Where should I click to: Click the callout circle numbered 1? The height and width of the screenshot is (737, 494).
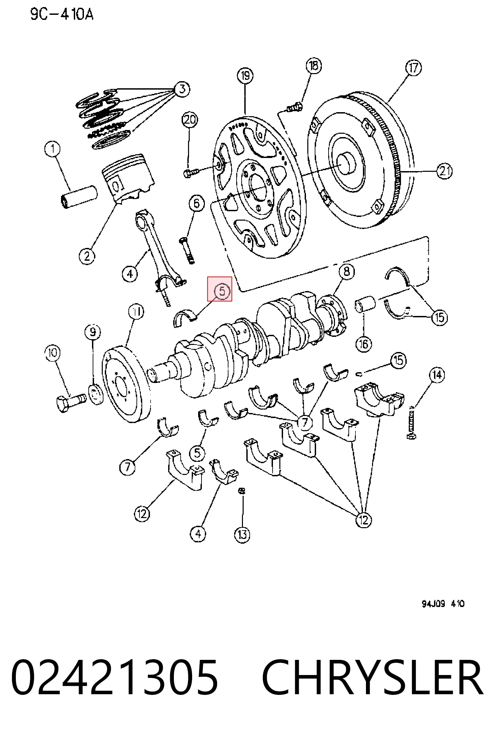coord(53,149)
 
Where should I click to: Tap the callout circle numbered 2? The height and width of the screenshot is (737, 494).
coord(87,256)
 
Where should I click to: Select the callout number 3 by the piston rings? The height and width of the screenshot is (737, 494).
coord(182,89)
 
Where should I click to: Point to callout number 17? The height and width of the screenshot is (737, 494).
coord(413,68)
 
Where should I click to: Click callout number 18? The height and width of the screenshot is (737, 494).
coord(313,65)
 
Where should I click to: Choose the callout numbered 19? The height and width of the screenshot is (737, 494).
coord(245,75)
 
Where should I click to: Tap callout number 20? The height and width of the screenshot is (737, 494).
coord(190,120)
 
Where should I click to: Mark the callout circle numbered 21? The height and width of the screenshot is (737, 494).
coord(444,171)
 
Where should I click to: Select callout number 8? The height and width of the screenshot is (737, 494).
coord(347,271)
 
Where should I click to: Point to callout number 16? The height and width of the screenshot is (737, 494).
coord(364,344)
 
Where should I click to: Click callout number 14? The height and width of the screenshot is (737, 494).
coord(437,375)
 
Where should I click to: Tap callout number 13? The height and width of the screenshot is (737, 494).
coord(242,535)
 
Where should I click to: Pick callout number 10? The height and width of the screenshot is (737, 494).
coord(53,353)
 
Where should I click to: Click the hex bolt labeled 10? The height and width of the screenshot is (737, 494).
coord(71,402)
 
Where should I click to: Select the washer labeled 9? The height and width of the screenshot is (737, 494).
coord(96,394)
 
